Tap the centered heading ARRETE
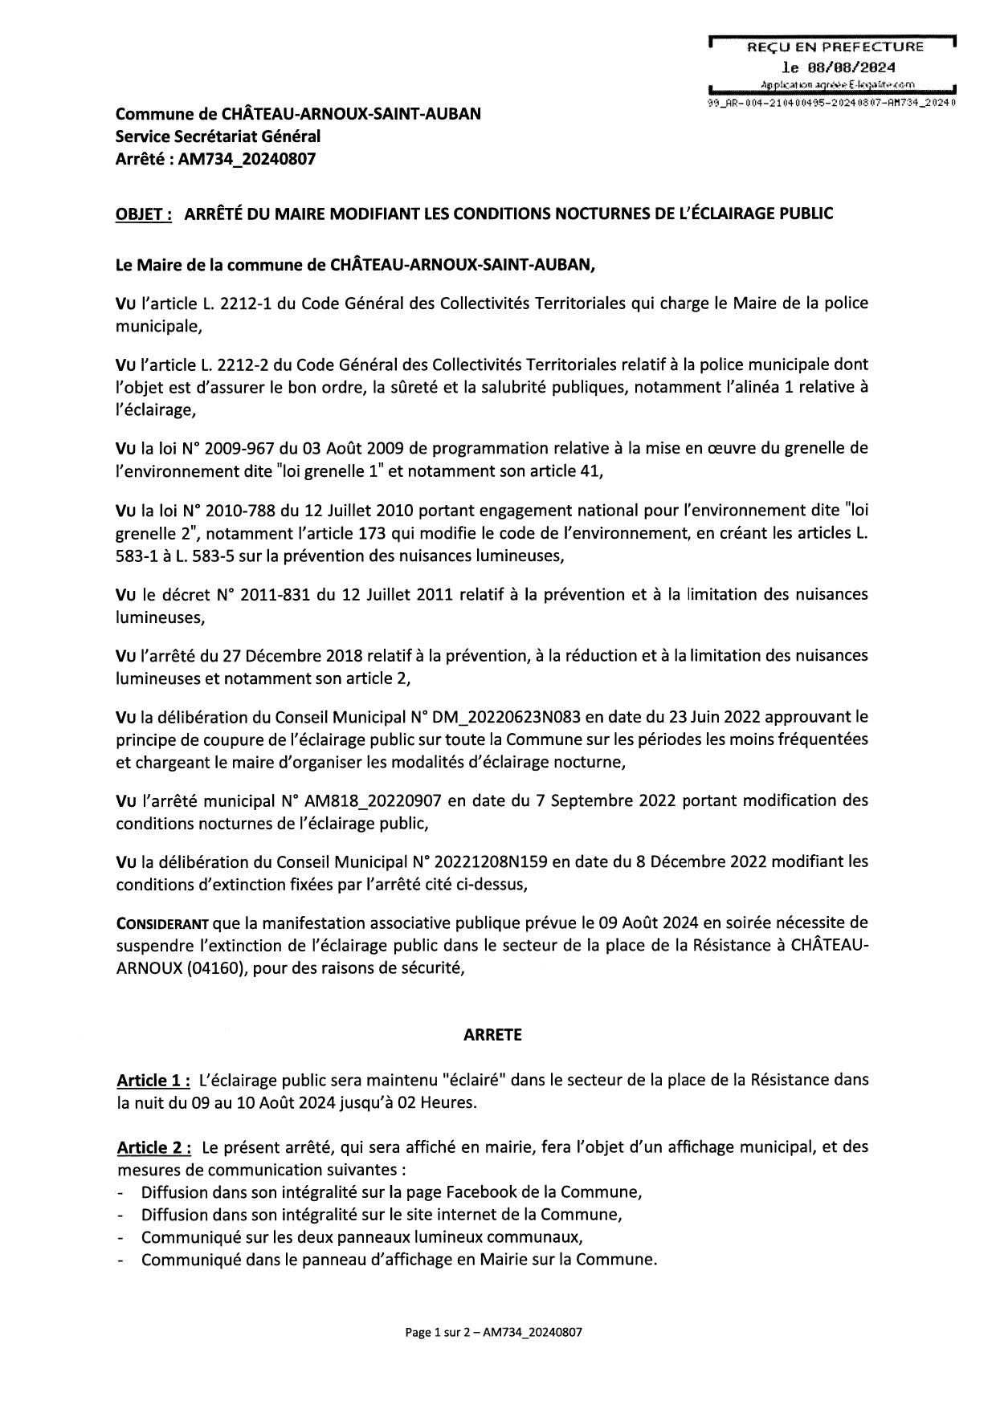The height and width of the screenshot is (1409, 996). tap(492, 1035)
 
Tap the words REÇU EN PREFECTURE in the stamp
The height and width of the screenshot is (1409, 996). tap(835, 47)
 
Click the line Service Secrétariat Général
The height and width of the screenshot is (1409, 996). tap(218, 136)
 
